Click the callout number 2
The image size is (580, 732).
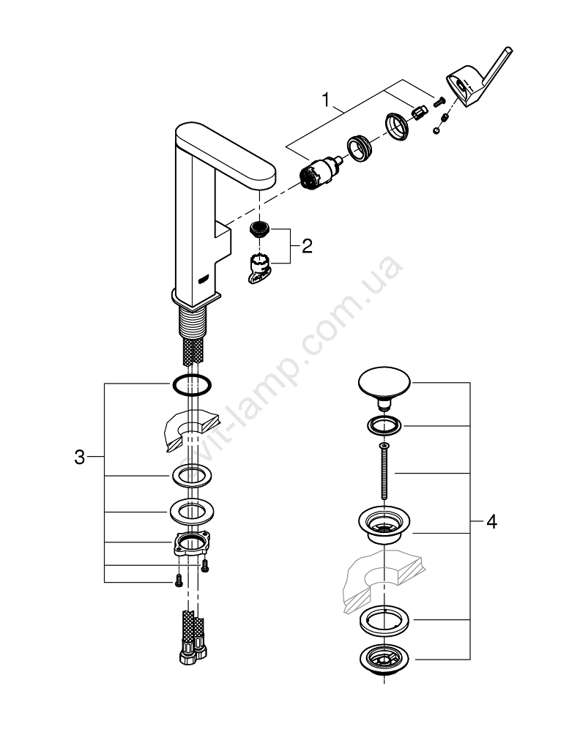(306, 245)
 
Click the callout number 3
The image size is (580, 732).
(81, 457)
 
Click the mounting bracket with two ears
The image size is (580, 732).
(191, 545)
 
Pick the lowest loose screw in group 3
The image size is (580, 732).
(176, 583)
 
